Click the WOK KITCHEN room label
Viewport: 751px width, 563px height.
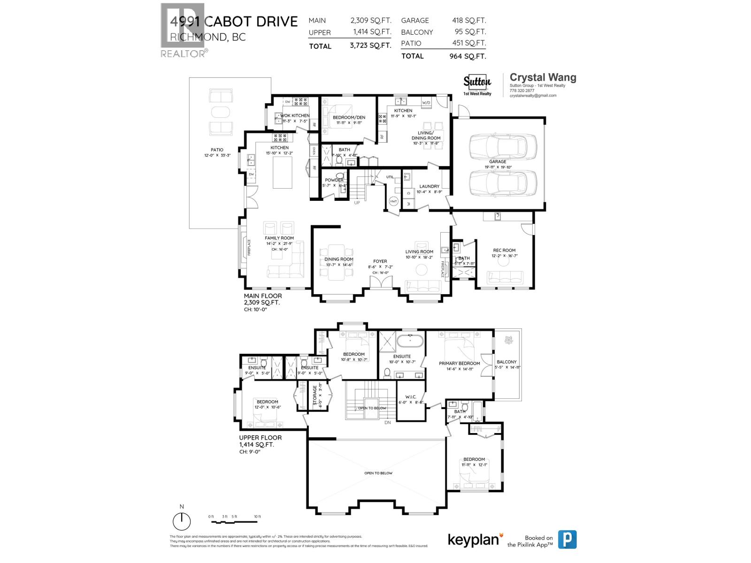coord(295,115)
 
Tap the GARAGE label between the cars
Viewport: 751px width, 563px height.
coord(498,161)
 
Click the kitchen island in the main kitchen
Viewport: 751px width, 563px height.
coord(283,172)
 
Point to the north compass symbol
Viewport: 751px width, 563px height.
coord(182,521)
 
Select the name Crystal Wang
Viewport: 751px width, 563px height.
coord(543,77)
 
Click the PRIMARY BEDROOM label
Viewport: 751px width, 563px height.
coord(459,363)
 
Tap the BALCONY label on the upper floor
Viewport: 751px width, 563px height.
coord(506,362)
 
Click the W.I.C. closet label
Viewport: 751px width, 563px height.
coord(411,397)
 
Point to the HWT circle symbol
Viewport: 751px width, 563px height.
coord(393,201)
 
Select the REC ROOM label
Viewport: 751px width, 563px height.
coord(504,250)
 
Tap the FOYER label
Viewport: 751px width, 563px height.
coord(380,261)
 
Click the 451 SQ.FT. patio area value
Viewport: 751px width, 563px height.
coord(467,43)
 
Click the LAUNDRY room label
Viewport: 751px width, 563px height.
coord(429,186)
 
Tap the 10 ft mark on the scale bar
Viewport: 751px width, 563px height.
coord(257,517)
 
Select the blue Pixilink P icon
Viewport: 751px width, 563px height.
coord(567,540)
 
